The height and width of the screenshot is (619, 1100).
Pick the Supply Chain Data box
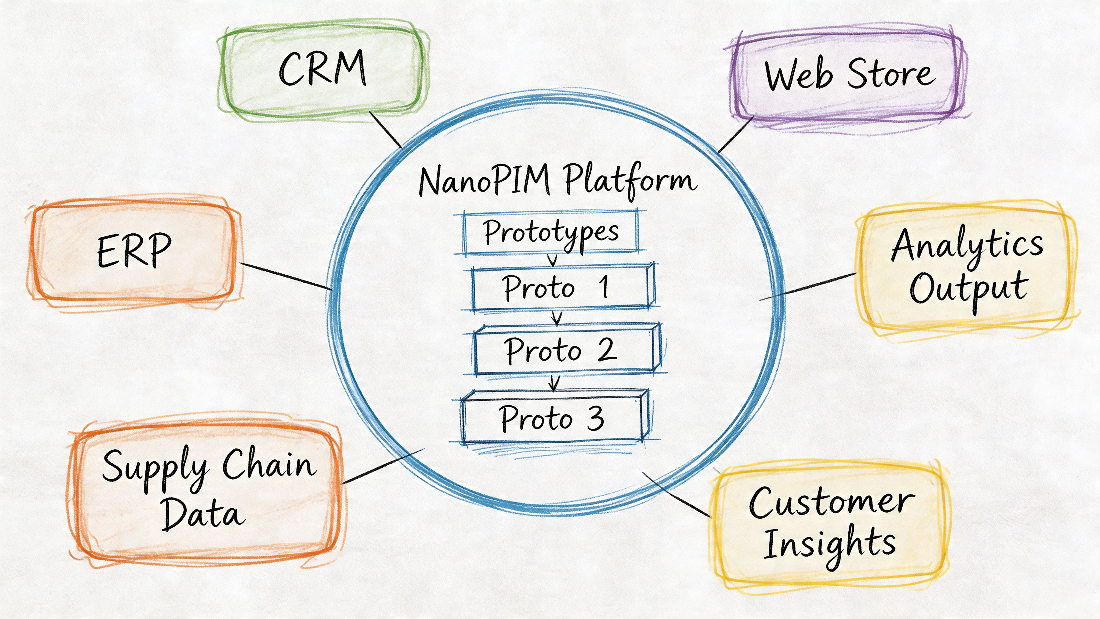[207, 489]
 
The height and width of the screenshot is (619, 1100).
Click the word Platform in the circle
[630, 179]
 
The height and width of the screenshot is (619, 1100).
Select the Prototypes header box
[551, 233]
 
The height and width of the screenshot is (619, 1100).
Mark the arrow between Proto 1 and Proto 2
[556, 317]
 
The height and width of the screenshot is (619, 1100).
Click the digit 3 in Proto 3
[596, 419]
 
